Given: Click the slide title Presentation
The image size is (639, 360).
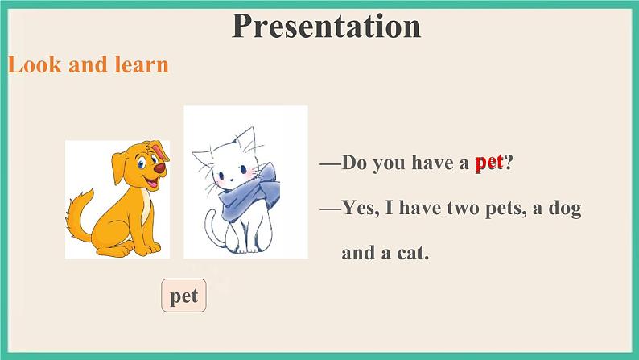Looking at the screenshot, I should pos(326,26).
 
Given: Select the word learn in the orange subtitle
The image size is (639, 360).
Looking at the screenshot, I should pos(142,64).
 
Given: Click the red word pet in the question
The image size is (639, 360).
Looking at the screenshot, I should pos(489,162).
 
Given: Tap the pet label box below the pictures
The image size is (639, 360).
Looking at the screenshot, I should pos(184,296).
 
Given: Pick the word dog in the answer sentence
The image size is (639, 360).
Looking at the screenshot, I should pos(565,209).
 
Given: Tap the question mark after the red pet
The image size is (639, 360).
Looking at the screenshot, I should pos(509,163).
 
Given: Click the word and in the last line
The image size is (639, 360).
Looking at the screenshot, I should pos(359,253).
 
